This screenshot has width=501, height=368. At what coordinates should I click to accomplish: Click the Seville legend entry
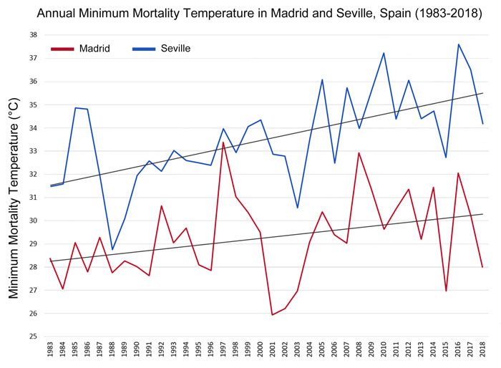pyautogui.click(x=175, y=49)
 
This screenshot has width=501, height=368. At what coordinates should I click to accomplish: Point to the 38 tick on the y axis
pyautogui.click(x=32, y=35)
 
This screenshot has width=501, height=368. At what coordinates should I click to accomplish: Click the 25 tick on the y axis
pyautogui.click(x=32, y=336)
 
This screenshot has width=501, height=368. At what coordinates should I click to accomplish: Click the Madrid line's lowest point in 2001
pyautogui.click(x=273, y=315)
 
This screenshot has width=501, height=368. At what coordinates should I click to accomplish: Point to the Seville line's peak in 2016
pyautogui.click(x=458, y=44)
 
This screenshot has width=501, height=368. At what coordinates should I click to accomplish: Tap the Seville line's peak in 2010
pyautogui.click(x=384, y=53)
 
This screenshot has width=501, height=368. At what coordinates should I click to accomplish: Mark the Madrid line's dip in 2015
pyautogui.click(x=446, y=291)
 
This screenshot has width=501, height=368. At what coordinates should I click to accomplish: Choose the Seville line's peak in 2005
pyautogui.click(x=322, y=79)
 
